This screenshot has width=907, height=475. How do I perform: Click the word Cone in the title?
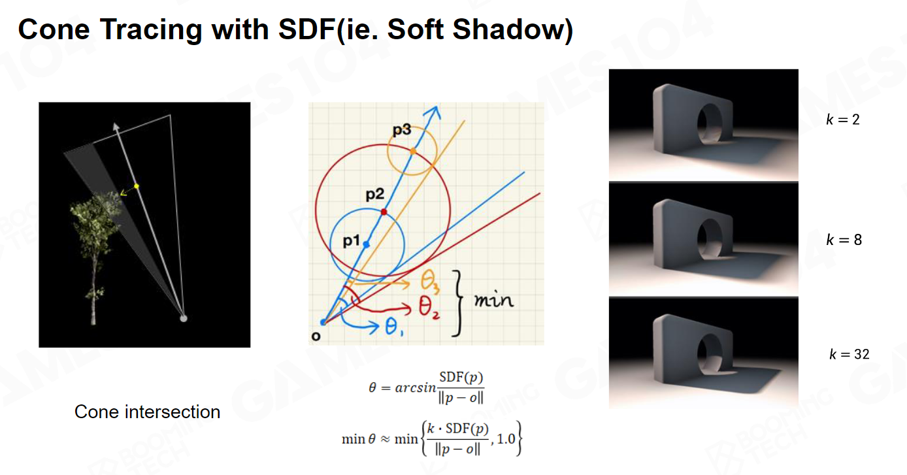click(54, 29)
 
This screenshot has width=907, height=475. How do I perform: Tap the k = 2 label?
click(842, 120)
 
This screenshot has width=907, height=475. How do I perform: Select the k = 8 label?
click(844, 240)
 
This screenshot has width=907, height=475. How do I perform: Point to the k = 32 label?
click(849, 354)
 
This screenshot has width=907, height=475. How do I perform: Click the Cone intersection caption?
click(148, 412)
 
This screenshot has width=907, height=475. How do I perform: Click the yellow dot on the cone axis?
click(137, 186)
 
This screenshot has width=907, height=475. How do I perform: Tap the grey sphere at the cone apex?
click(184, 318)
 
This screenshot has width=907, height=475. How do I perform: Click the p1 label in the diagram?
click(351, 241)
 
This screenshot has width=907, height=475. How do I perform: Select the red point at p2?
click(384, 212)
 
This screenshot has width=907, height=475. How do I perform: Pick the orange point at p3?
click(412, 152)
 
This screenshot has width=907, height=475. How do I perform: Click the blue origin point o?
click(323, 322)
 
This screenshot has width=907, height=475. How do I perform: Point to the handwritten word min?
click(494, 300)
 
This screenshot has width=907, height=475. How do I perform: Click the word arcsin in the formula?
click(416, 388)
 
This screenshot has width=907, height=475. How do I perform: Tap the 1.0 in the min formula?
click(506, 439)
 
